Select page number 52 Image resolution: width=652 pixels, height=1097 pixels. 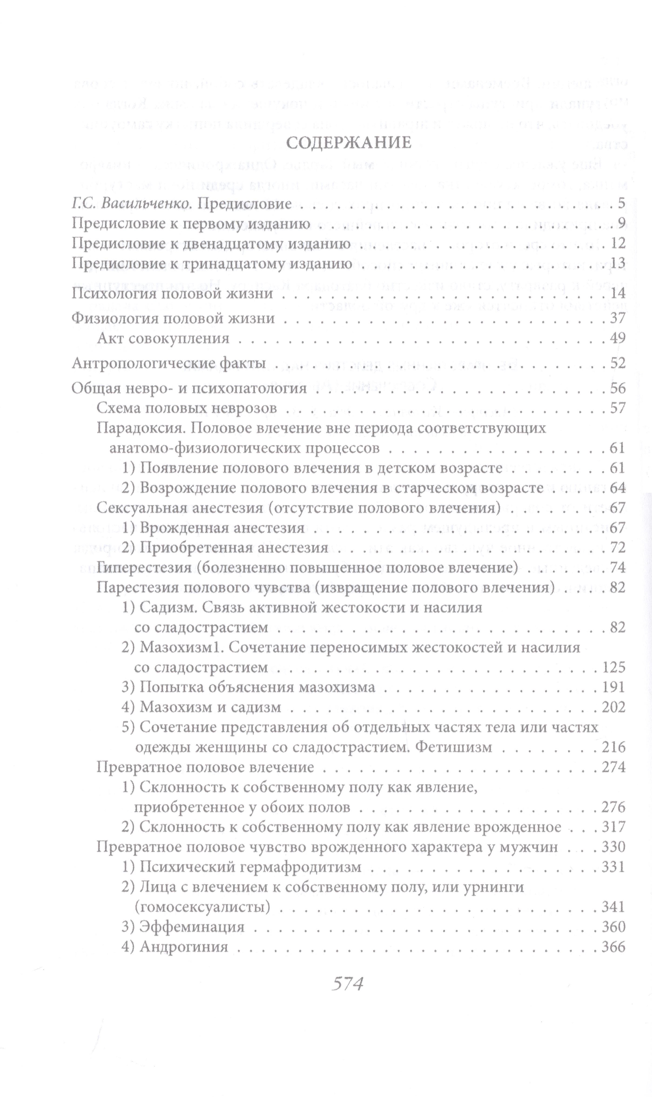[617, 364]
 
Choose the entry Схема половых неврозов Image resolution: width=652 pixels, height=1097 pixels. [187, 408]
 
